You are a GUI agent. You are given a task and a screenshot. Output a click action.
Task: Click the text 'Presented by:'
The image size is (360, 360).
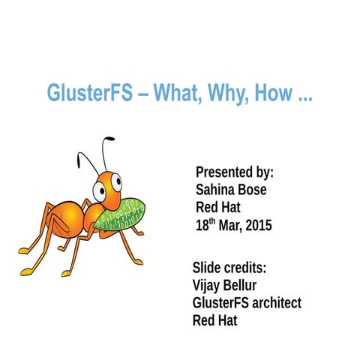(x=234, y=172)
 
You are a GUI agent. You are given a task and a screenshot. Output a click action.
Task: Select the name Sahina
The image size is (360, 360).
(x=215, y=189)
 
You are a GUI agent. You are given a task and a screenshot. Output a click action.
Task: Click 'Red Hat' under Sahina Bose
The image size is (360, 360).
(x=218, y=207)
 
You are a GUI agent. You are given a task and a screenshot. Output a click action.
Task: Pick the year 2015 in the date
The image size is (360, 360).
(x=257, y=225)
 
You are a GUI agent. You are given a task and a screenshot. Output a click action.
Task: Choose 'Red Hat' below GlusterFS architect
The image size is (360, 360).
(x=215, y=321)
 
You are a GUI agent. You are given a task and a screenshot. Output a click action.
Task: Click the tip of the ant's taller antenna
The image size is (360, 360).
(x=112, y=139)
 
